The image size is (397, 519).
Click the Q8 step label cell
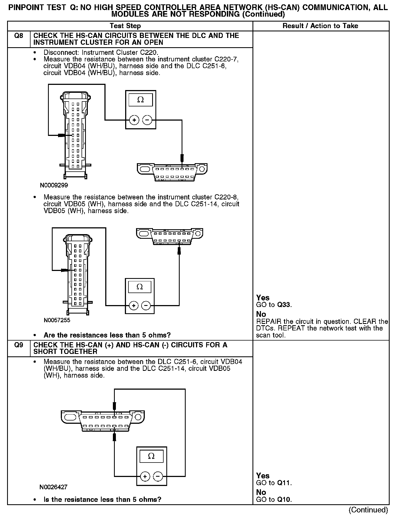(x=19, y=36)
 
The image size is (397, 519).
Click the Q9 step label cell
(x=19, y=345)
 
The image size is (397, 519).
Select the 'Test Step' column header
(x=125, y=26)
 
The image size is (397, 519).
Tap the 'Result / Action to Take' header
(x=320, y=26)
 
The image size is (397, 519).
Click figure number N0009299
(x=54, y=185)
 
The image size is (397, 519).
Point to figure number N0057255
(x=57, y=320)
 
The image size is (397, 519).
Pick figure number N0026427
(x=53, y=487)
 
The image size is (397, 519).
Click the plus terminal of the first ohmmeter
(x=134, y=120)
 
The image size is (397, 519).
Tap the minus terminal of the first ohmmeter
(x=147, y=120)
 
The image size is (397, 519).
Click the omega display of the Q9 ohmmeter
(x=151, y=456)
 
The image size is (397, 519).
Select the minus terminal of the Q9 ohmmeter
(x=158, y=477)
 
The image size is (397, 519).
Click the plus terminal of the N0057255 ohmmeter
(x=134, y=306)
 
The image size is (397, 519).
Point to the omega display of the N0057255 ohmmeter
(x=140, y=287)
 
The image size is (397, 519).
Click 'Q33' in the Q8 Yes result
(x=284, y=305)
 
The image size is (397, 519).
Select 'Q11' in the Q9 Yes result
(x=284, y=483)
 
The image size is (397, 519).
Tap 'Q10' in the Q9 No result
(x=284, y=500)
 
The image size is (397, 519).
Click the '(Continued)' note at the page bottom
(x=368, y=510)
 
